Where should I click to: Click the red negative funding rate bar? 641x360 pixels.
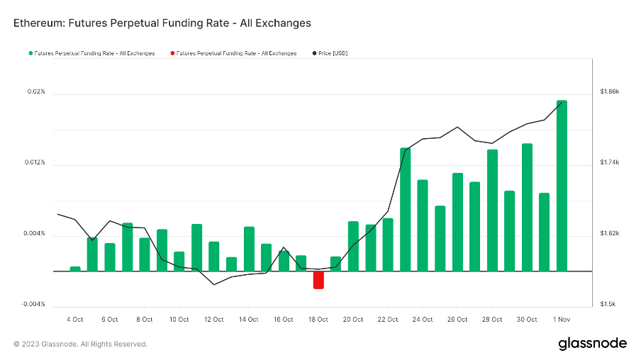coord(318,280)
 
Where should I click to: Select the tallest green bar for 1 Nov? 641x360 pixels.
coord(562,186)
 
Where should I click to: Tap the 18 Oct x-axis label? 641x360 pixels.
coord(318,320)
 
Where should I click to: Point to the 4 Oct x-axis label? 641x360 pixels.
coord(74,320)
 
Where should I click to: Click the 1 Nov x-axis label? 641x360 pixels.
coord(562,320)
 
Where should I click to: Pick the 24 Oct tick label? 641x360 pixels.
coord(423,320)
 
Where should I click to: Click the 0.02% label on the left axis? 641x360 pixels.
coord(36,92)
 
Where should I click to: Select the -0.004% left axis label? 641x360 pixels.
coord(33,305)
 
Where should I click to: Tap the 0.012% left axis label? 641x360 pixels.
coord(35,163)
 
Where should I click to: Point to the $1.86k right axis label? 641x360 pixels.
coord(610,92)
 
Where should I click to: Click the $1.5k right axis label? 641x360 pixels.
coord(608,305)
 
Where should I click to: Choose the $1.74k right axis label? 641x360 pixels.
coord(610,163)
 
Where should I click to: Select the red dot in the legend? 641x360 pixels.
coord(172,53)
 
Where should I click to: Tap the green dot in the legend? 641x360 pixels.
coord(30,53)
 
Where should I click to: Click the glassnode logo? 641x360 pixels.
coord(592,344)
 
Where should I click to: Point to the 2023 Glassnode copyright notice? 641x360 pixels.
coord(80,344)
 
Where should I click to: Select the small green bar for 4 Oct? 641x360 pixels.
coord(75,269)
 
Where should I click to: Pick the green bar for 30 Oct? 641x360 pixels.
coord(527,207)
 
